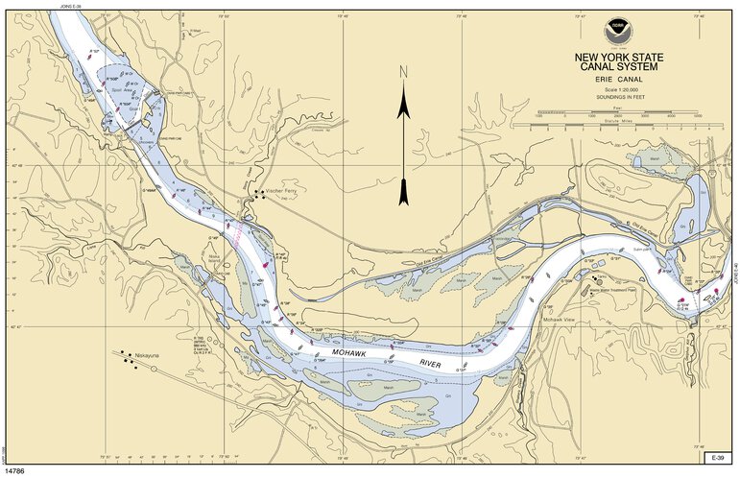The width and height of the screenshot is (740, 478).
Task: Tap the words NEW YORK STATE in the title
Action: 618,57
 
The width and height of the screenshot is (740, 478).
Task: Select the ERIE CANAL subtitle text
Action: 618,79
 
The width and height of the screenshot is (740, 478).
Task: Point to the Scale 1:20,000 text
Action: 618,89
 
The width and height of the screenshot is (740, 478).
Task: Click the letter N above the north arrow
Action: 404,72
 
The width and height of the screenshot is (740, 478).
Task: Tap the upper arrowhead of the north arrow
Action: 404,106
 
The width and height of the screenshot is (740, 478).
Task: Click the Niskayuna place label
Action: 152,354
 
